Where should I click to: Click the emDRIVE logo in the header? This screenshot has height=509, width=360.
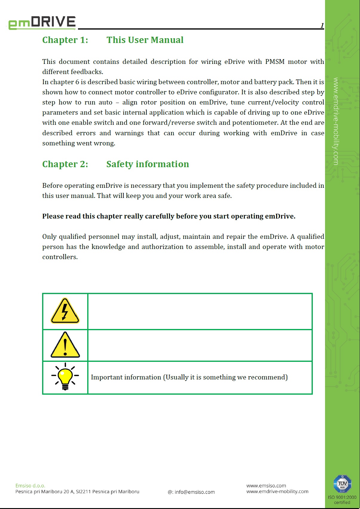42,23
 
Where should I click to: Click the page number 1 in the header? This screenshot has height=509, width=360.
322,26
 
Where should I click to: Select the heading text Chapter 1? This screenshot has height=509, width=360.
65,40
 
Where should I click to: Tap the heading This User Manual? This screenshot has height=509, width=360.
145,40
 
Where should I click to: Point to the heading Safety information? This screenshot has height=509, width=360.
148,164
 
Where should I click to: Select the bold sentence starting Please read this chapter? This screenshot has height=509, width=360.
168,216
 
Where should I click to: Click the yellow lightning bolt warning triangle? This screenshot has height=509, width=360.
65,311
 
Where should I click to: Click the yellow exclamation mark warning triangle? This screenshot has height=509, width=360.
65,345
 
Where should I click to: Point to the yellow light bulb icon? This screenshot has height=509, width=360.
65,377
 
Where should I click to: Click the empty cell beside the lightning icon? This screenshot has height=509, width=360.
200,311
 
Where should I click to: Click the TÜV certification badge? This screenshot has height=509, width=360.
342,484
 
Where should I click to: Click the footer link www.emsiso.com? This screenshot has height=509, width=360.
266,486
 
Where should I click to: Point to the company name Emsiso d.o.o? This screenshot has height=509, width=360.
30,486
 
